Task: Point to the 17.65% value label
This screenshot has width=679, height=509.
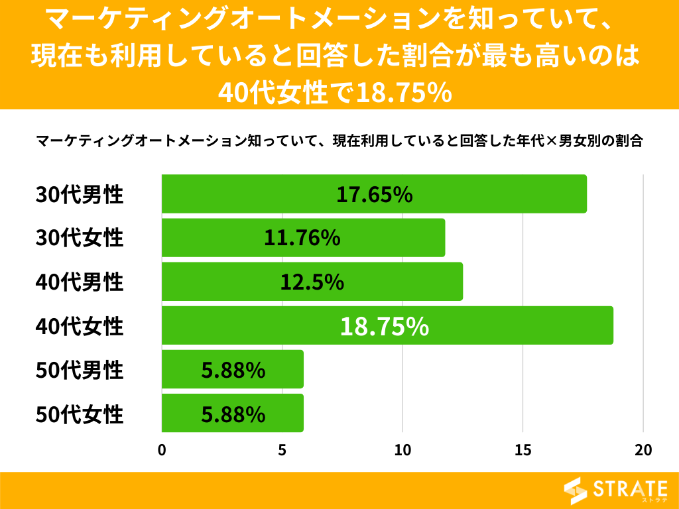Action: [x=375, y=194]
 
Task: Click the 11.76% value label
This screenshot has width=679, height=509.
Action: [x=302, y=238]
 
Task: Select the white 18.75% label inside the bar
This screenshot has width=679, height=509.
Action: [x=385, y=326]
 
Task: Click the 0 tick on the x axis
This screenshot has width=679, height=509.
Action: [x=162, y=449]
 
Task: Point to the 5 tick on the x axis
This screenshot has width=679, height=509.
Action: [x=282, y=449]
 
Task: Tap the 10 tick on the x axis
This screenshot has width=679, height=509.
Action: [x=402, y=449]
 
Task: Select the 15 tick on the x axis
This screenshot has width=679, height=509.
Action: [x=523, y=449]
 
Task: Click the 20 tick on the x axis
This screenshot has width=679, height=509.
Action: [x=643, y=449]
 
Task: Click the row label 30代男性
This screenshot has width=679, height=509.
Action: [x=80, y=194]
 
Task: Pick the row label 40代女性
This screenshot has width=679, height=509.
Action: [x=80, y=326]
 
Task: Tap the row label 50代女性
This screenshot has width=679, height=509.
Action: [x=80, y=414]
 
